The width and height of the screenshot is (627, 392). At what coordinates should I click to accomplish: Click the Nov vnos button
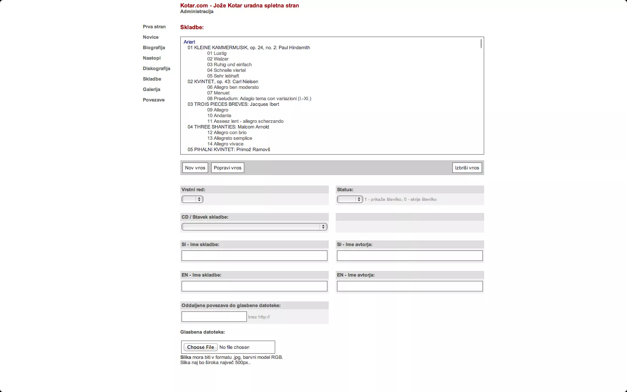[x=195, y=168]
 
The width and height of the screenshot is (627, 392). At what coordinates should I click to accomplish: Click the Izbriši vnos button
[x=467, y=168]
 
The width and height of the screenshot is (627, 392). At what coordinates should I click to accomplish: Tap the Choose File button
[x=201, y=347]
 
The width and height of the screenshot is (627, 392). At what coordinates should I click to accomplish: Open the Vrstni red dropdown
[x=192, y=199]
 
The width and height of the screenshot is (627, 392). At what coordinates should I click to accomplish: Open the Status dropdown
[x=350, y=199]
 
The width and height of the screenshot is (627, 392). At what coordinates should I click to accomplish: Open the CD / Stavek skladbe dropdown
[x=254, y=227]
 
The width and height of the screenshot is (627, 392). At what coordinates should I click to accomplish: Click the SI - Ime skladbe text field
[x=254, y=256]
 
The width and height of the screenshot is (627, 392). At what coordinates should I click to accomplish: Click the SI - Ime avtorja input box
[x=410, y=256]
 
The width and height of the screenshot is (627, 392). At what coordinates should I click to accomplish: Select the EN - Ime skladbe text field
[x=254, y=286]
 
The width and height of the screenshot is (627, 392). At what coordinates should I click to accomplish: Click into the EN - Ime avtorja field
[x=410, y=286]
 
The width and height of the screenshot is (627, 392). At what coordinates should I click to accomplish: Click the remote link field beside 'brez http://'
[x=214, y=317]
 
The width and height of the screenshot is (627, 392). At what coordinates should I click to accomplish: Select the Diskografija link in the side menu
[x=156, y=68]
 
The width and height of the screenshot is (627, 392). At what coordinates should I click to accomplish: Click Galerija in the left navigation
[x=152, y=89]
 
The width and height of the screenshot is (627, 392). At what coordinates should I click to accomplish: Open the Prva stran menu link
[x=154, y=27]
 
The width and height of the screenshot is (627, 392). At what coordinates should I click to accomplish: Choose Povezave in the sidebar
[x=154, y=100]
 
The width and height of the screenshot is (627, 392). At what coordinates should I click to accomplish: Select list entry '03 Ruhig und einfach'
[x=229, y=64]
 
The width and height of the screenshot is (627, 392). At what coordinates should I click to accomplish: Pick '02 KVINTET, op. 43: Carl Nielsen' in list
[x=223, y=81]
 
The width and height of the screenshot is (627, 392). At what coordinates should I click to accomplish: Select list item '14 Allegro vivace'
[x=226, y=144]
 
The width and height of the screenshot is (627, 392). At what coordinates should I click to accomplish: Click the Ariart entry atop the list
[x=189, y=42]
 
